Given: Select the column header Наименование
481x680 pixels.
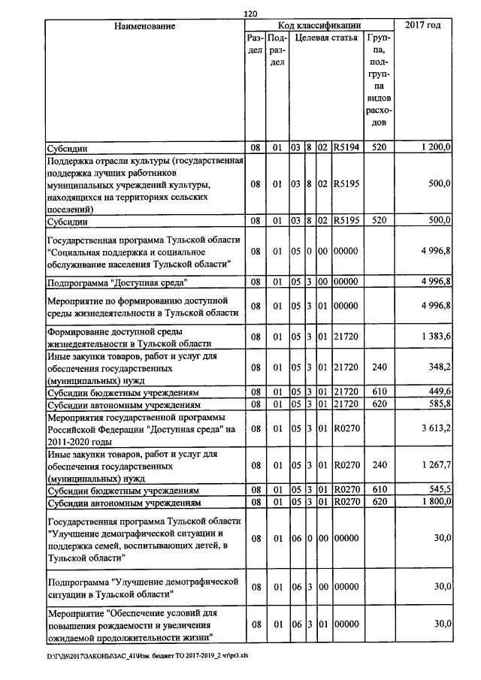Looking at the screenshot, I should tap(145, 26).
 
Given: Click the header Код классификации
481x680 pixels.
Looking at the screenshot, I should tap(319, 26).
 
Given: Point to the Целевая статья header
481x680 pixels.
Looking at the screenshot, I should tap(325, 37).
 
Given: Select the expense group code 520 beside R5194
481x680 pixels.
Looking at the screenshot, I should tap(378, 148).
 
